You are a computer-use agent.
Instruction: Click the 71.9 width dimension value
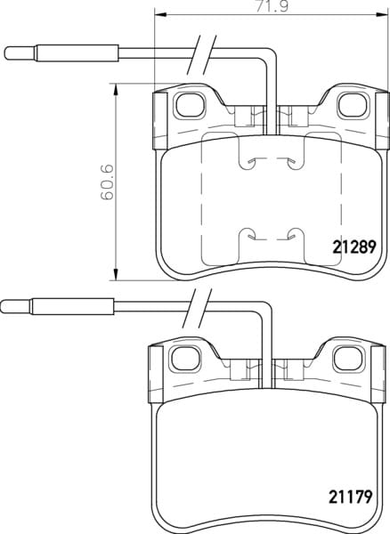coord(272,6)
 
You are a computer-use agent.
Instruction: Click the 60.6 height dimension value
coord(107,182)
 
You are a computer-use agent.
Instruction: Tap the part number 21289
coord(353,247)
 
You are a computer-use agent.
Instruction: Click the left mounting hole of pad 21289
coord(190,105)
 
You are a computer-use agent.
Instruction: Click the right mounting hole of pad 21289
coord(353,105)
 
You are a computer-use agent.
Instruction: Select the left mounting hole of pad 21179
coord(185,359)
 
